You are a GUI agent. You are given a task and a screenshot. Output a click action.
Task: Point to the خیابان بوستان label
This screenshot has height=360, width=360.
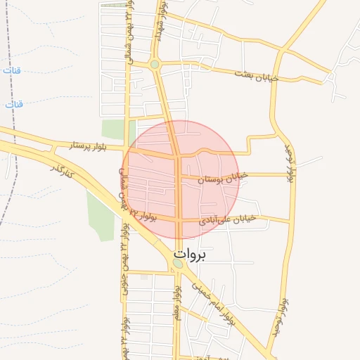224,179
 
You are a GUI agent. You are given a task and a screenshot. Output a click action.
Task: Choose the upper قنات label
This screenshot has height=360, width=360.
12,72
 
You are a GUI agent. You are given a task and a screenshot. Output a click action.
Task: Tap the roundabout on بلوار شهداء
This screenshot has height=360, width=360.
155,65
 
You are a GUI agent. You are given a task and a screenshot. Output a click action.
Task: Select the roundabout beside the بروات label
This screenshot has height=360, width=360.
177,264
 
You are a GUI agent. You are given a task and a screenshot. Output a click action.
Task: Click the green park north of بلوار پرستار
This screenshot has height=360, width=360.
112,129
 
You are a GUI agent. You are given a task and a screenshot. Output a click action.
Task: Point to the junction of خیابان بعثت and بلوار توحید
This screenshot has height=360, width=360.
279,53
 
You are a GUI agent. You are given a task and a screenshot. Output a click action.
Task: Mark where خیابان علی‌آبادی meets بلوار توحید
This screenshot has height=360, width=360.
289,223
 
